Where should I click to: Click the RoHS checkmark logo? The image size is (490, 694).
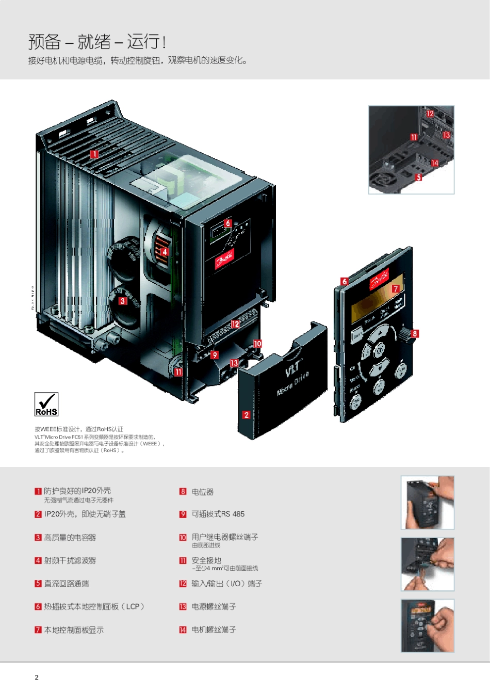pyautogui.click(x=46, y=404)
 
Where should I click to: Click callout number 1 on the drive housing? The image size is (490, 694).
pyautogui.click(x=94, y=154)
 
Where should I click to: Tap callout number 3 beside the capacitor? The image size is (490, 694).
pyautogui.click(x=123, y=301)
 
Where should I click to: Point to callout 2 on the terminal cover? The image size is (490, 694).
pyautogui.click(x=246, y=415)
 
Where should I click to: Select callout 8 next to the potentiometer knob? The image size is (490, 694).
pyautogui.click(x=415, y=333)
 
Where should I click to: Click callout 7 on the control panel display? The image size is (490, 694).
pyautogui.click(x=396, y=288)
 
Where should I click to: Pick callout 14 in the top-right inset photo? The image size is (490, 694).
pyautogui.click(x=435, y=163)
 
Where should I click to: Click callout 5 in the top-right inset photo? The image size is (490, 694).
pyautogui.click(x=419, y=177)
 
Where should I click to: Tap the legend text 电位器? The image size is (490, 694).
pyautogui.click(x=202, y=492)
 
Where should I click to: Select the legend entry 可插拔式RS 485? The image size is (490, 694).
pyautogui.click(x=218, y=514)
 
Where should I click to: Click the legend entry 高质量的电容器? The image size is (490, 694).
pyautogui.click(x=70, y=537)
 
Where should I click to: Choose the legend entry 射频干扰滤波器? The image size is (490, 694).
pyautogui.click(x=70, y=560)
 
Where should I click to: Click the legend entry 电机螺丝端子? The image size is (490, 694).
pyautogui.click(x=214, y=630)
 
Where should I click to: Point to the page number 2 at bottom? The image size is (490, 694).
pyautogui.click(x=37, y=677)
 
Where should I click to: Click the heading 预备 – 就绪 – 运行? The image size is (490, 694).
pyautogui.click(x=97, y=41)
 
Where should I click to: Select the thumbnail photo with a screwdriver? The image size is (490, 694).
pyautogui.click(x=428, y=564)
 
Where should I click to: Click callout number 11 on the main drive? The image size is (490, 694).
pyautogui.click(x=178, y=372)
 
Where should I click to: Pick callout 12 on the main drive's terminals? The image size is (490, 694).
pyautogui.click(x=235, y=324)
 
